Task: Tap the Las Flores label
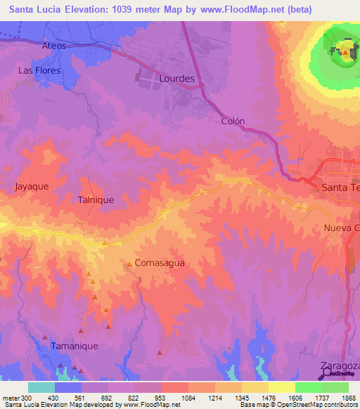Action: [39, 71]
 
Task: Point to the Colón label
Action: [233, 121]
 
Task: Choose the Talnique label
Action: [96, 200]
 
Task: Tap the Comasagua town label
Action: [159, 263]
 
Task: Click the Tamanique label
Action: [74, 346]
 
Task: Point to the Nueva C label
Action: [342, 228]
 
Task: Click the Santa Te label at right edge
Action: [340, 188]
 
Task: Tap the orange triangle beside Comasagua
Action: [129, 264]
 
